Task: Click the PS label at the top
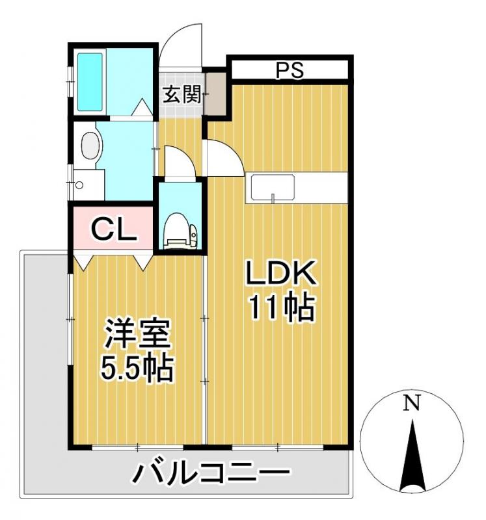point(290,70)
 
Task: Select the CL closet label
point(113,228)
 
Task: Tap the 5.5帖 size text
point(136,369)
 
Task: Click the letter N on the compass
point(411,404)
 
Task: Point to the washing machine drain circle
point(79,185)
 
